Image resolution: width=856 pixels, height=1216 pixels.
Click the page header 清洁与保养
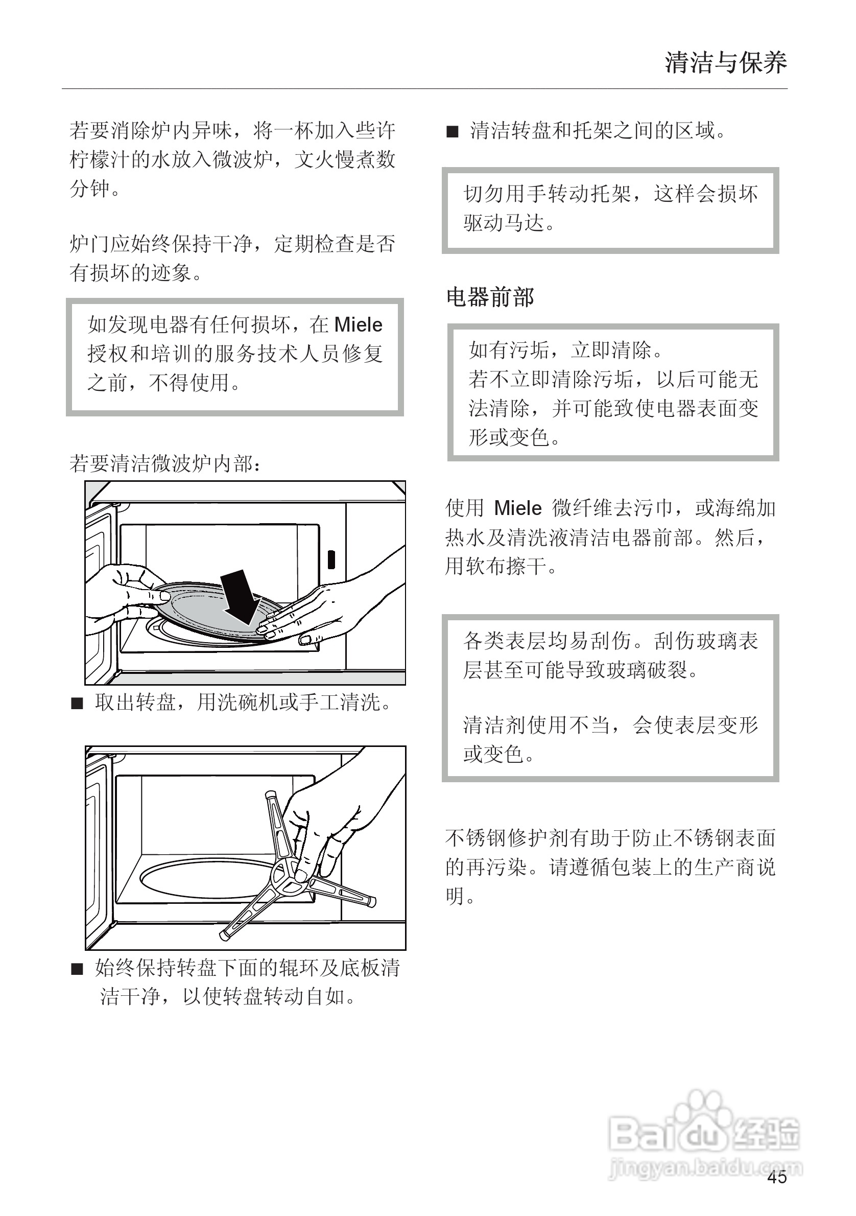725,63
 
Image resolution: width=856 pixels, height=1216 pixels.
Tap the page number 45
777,1177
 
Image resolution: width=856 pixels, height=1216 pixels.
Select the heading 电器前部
490,297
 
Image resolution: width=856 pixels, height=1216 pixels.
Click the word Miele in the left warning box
359,324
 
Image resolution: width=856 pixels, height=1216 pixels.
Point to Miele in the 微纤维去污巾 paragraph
517,508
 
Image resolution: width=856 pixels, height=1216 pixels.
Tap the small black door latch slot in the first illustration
331,559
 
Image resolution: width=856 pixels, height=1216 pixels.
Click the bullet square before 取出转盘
77,704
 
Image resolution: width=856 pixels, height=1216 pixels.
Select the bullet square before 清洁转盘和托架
452,131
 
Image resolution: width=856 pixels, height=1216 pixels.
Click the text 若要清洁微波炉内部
164,464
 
